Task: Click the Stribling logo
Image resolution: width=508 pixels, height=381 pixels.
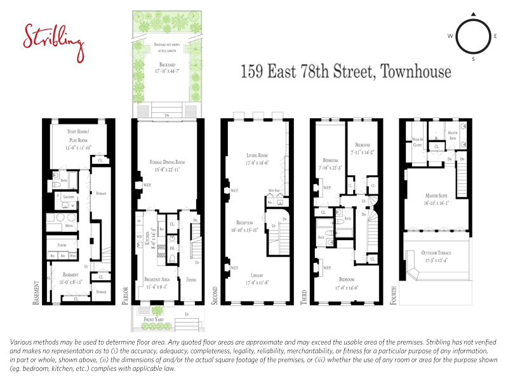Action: pos(53,38)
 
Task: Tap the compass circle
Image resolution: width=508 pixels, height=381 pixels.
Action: pos(472,36)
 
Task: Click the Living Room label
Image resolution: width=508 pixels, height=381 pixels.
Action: pos(257,156)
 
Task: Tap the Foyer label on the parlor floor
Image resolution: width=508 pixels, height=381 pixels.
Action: pos(190,278)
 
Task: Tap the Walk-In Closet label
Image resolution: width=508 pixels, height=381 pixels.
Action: pos(417,143)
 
